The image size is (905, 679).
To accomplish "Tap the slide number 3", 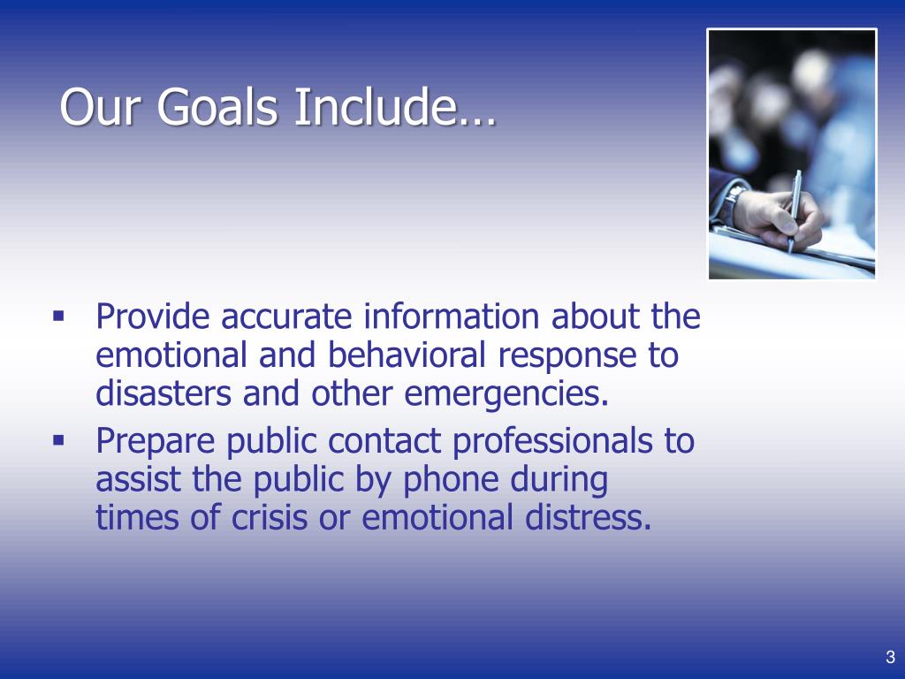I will (x=890, y=657).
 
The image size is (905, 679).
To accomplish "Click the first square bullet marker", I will (x=59, y=315).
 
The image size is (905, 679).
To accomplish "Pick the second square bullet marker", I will (x=59, y=439).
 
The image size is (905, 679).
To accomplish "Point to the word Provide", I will (x=153, y=317).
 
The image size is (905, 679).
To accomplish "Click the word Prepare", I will (x=156, y=441).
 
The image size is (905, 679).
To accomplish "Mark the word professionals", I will (x=552, y=441).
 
